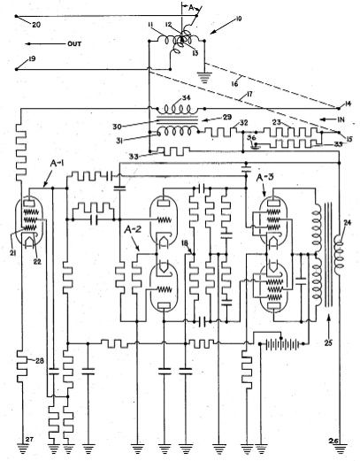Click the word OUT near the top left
[x=74, y=44]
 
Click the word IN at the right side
[x=341, y=119]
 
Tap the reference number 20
[x=36, y=25]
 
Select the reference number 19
[x=32, y=58]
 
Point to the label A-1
[x=57, y=164]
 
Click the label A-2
[x=131, y=230]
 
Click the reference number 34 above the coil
[x=187, y=98]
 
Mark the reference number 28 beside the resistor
[x=39, y=360]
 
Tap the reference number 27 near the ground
[x=29, y=439]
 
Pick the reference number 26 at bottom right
[x=333, y=441]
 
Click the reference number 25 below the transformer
[x=329, y=342]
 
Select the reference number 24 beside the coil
[x=348, y=223]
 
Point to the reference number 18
[x=185, y=242]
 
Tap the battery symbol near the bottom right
[x=281, y=344]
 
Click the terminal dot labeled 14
[x=339, y=108]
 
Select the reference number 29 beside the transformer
[x=228, y=117]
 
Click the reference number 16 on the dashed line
[x=235, y=84]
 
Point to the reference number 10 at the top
[x=239, y=19]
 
